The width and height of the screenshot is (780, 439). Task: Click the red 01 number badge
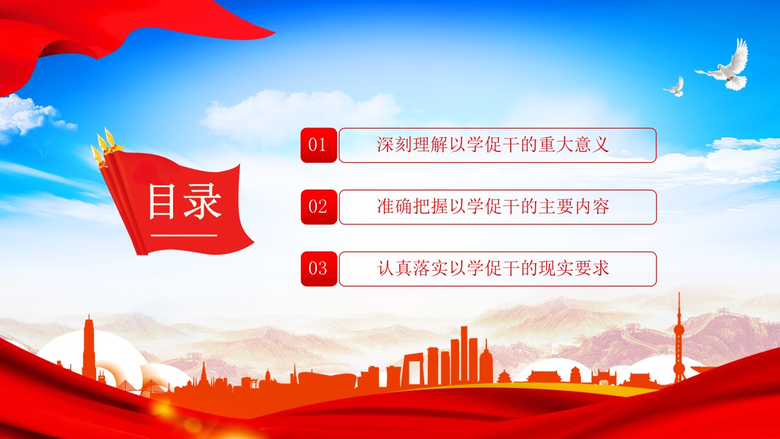319,145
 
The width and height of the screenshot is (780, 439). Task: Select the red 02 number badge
319,207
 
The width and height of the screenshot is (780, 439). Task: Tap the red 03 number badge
319,269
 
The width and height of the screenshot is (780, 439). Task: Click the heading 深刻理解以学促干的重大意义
493,145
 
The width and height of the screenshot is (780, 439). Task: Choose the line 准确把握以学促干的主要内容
493,207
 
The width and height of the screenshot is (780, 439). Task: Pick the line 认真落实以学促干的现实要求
493,268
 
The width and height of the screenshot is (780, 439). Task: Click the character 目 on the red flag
161,202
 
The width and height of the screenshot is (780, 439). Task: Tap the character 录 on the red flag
202,202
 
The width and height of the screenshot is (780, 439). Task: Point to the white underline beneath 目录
184,235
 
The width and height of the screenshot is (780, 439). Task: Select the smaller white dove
675,87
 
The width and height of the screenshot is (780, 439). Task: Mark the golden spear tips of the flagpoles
104,147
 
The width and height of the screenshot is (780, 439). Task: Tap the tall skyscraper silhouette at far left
89,348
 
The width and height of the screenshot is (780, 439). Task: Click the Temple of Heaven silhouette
504,376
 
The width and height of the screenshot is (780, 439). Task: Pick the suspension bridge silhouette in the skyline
146,387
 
